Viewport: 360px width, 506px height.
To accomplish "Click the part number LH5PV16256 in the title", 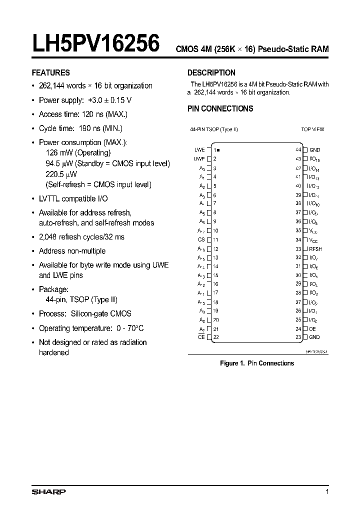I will pos(96,43).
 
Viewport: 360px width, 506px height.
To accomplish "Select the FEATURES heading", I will pos(50,72).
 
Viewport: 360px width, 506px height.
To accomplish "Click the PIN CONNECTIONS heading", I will pos(220,108).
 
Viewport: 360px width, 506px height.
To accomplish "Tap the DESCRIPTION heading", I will pos(211,72).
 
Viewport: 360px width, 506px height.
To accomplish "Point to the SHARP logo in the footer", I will pos(48,492).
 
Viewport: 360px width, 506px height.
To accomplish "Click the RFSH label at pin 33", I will pos(315,248).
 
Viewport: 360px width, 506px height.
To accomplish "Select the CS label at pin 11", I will pos(201,239).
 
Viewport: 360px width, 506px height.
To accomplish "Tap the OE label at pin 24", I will pos(312,329).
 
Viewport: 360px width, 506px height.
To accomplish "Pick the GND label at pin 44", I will pos(314,150).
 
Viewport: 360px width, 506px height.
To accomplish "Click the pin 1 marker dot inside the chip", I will pos(219,150).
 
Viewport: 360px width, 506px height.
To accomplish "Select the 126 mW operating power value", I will pos(57,152).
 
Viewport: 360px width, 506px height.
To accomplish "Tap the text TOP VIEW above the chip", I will pos(312,129).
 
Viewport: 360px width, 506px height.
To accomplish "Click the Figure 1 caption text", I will pos(257,363).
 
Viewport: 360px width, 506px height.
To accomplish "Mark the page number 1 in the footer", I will pos(327,492).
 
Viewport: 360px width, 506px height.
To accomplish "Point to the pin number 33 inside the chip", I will pos(298,248).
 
